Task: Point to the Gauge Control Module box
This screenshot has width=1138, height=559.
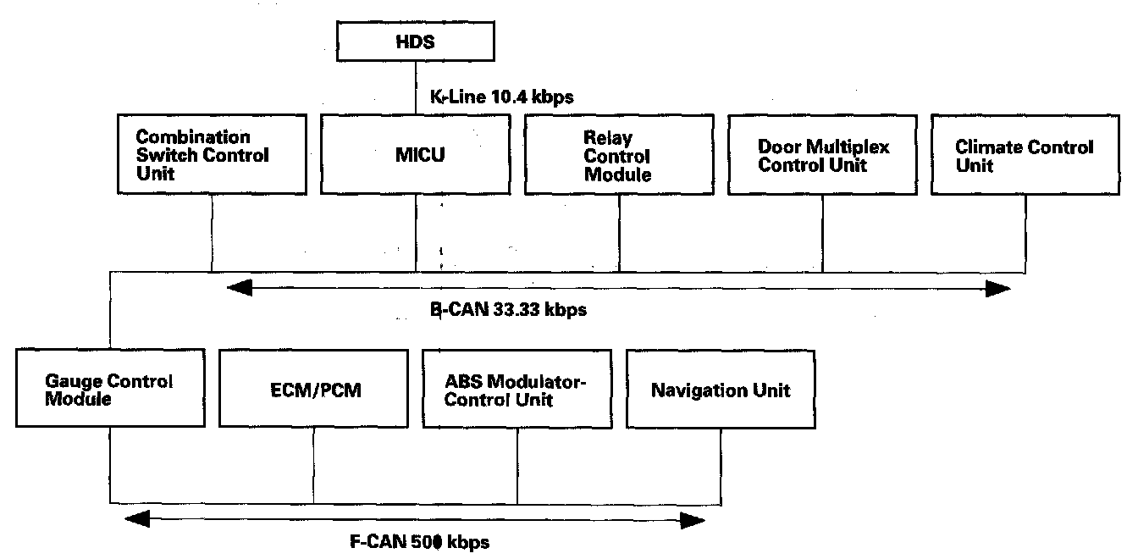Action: click(110, 390)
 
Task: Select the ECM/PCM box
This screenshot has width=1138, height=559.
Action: click(313, 390)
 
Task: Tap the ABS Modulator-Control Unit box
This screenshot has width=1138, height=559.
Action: click(517, 390)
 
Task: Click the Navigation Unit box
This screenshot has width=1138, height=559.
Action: click(720, 390)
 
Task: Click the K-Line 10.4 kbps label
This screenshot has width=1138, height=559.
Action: click(502, 97)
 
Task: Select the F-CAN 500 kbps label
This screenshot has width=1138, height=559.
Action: click(419, 540)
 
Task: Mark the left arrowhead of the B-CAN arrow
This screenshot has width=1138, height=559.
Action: click(240, 290)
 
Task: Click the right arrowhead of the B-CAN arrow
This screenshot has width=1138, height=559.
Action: click(999, 290)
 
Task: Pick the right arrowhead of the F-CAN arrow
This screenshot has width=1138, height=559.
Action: click(693, 518)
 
